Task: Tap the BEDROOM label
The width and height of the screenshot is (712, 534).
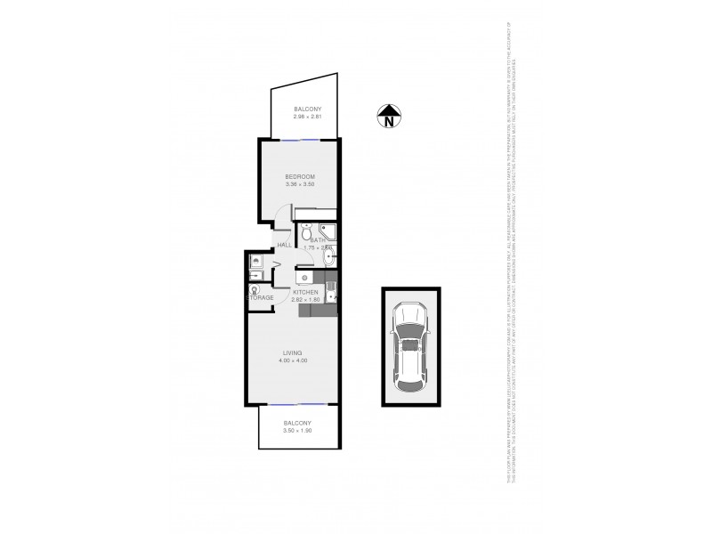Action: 299,177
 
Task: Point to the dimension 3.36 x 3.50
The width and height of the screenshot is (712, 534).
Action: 299,186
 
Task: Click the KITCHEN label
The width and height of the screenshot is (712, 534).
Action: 305,292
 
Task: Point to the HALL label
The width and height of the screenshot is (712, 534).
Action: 285,245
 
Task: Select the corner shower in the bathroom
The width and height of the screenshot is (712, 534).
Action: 328,231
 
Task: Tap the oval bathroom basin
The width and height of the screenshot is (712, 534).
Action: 330,258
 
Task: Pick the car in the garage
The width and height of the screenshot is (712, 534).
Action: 409,347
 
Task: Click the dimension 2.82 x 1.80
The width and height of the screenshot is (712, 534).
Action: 305,300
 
